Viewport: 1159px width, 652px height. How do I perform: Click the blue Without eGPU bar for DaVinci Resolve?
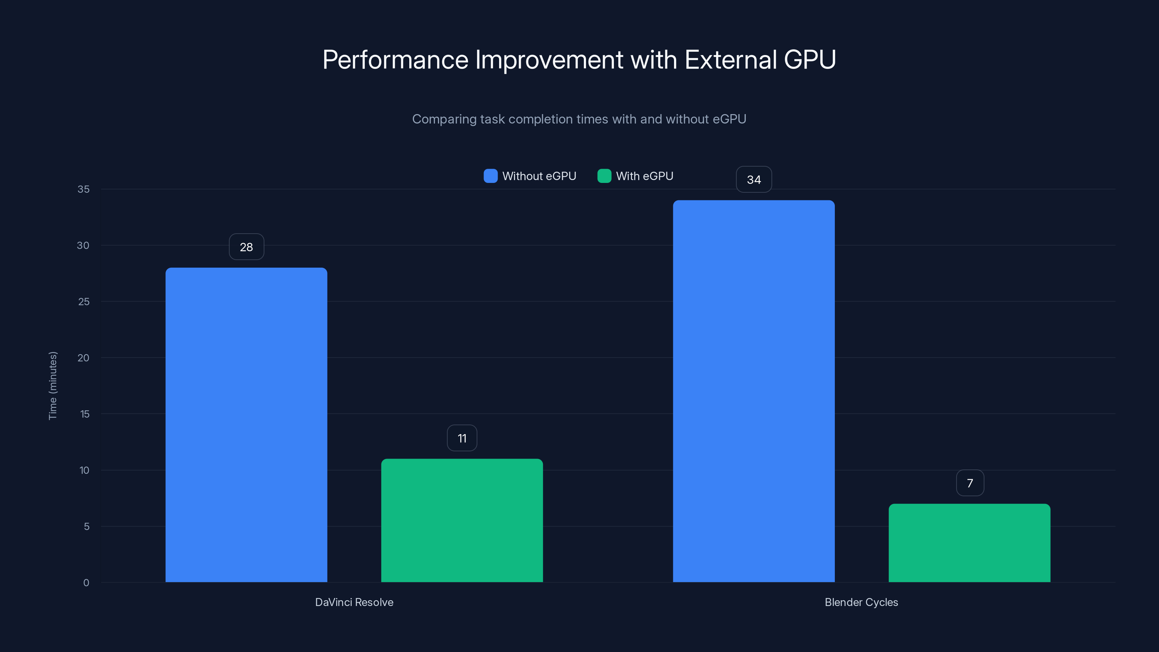(x=246, y=425)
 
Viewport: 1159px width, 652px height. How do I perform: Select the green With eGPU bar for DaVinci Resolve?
(x=462, y=520)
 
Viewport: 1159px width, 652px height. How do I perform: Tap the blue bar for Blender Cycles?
(x=754, y=391)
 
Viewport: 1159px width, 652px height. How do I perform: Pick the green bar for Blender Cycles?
(x=970, y=543)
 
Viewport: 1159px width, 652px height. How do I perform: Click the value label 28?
(x=246, y=247)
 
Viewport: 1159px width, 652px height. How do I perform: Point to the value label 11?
(x=462, y=438)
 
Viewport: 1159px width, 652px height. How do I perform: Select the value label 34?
(x=754, y=180)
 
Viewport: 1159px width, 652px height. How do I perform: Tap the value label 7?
(x=970, y=483)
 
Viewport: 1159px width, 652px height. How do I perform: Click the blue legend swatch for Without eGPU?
(x=490, y=176)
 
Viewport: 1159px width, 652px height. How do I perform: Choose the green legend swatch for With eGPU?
(x=604, y=176)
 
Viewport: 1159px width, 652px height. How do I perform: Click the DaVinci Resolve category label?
(x=354, y=602)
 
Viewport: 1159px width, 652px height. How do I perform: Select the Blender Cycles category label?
(x=861, y=602)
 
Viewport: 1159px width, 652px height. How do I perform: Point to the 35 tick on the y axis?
(x=83, y=189)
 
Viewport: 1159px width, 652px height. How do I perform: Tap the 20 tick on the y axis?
(x=83, y=358)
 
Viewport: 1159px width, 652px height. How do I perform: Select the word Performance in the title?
(x=395, y=60)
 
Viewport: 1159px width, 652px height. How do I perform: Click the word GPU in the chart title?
(x=809, y=60)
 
